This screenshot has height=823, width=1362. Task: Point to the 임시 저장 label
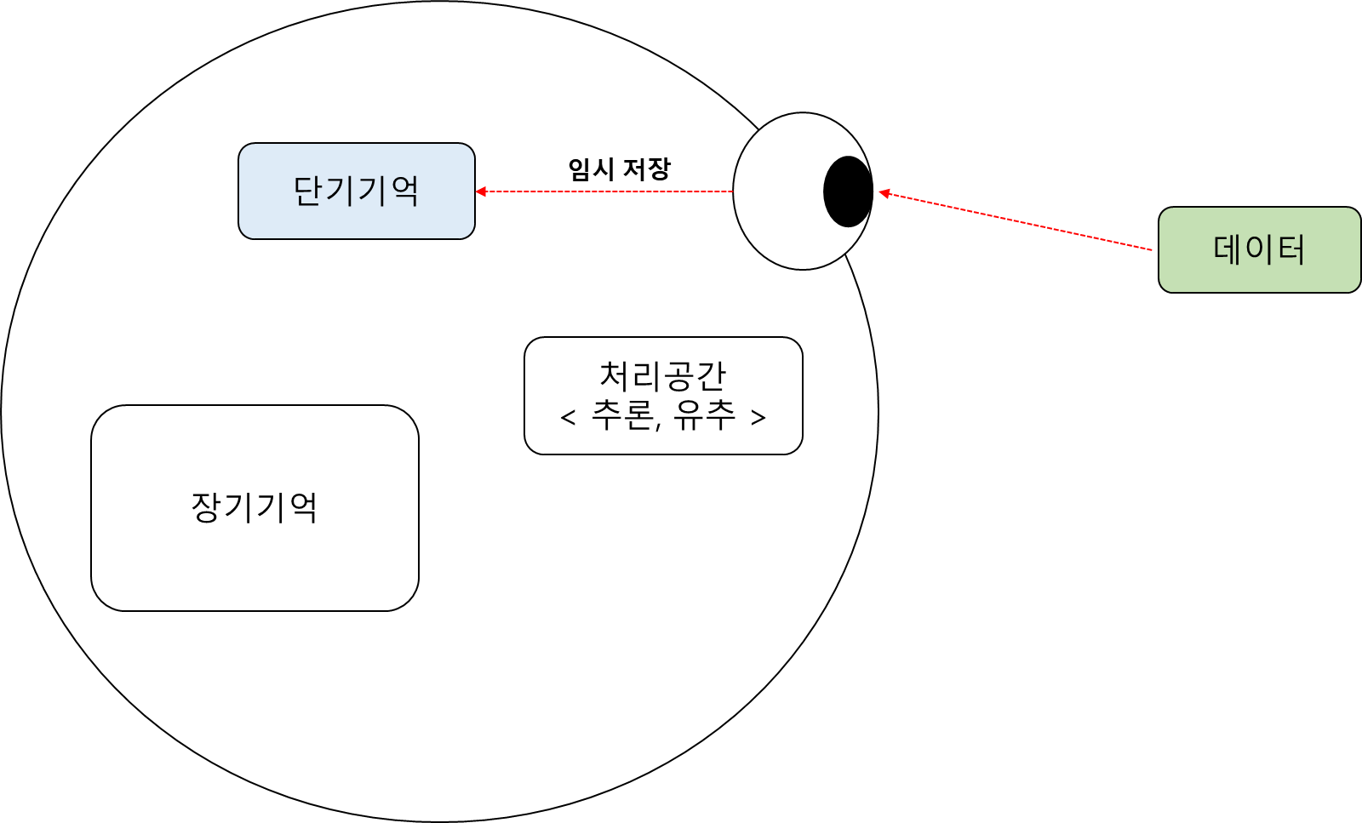pyautogui.click(x=619, y=169)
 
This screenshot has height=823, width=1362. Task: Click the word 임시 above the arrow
pyautogui.click(x=591, y=169)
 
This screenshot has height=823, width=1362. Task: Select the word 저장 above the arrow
pyautogui.click(x=647, y=169)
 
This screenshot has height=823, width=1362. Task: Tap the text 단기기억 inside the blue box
pyautogui.click(x=356, y=190)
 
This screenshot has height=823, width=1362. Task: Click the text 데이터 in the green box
pyautogui.click(x=1259, y=249)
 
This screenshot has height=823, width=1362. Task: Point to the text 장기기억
pyautogui.click(x=255, y=507)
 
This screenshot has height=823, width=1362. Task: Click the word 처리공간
pyautogui.click(x=663, y=375)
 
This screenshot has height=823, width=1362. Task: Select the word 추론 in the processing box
pyautogui.click(x=622, y=416)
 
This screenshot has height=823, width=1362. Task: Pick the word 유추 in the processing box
pyautogui.click(x=704, y=416)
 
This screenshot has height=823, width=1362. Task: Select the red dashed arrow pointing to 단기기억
pyautogui.click(x=604, y=191)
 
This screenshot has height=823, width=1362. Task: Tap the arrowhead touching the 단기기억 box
pyautogui.click(x=481, y=191)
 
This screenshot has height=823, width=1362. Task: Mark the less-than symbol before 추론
pyautogui.click(x=569, y=417)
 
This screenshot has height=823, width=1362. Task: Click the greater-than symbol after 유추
pyautogui.click(x=758, y=417)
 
